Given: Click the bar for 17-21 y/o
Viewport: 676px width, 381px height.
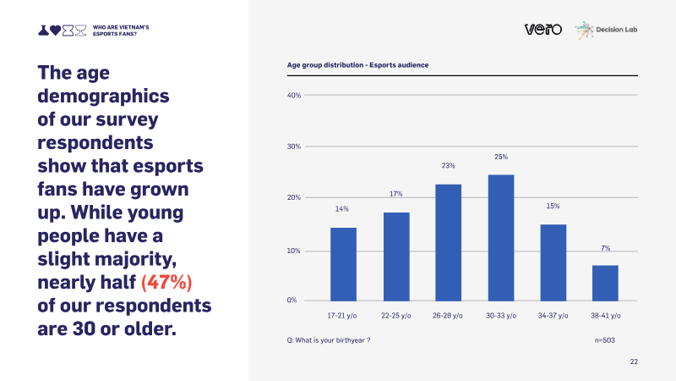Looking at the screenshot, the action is (343, 264).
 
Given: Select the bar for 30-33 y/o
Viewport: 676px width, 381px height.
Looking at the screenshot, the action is (501, 238).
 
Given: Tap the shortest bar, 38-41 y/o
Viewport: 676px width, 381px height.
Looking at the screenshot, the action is (605, 283).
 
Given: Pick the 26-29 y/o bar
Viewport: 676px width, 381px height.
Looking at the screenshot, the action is (449, 242).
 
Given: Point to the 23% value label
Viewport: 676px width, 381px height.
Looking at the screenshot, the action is (448, 165).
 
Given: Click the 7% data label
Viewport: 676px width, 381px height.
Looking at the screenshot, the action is (606, 248).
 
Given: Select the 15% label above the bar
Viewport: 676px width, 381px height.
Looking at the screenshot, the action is (553, 206).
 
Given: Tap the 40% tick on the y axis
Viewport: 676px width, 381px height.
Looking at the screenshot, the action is (294, 96).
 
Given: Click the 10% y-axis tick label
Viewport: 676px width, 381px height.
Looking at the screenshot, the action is (293, 251).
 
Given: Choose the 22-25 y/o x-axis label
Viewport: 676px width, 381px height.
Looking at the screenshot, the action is (395, 316).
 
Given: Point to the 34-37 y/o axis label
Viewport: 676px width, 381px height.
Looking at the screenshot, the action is (553, 316).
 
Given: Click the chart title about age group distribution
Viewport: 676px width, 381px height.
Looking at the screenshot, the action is (357, 65).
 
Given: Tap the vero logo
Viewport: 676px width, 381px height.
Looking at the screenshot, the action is (543, 29).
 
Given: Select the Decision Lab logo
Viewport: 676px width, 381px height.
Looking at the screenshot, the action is (606, 30).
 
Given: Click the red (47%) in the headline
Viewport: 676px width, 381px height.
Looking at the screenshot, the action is (166, 283).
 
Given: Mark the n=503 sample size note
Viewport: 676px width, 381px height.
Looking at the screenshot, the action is (605, 340).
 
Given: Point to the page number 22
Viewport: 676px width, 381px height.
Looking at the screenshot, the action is (634, 362).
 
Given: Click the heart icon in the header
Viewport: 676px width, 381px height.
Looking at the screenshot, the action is (55, 30).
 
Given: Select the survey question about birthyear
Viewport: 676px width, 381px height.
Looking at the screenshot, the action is (329, 340).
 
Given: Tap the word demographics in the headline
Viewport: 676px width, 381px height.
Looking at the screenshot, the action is (103, 97).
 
